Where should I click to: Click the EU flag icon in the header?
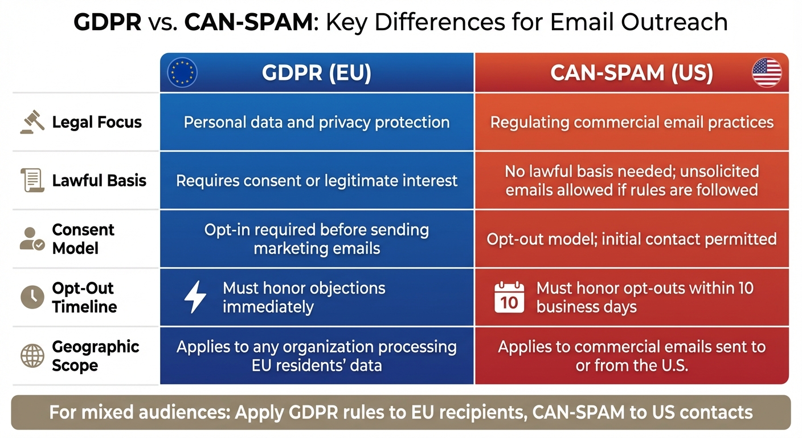pyautogui.click(x=182, y=73)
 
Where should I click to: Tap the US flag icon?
pyautogui.click(x=767, y=73)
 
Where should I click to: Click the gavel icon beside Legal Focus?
pyautogui.click(x=32, y=121)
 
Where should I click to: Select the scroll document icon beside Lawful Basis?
pyautogui.click(x=32, y=180)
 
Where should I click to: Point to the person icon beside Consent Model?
pyautogui.click(x=32, y=239)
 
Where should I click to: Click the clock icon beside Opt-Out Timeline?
pyautogui.click(x=32, y=297)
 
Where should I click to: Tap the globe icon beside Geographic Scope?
pyautogui.click(x=32, y=355)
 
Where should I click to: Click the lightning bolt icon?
pyautogui.click(x=195, y=297)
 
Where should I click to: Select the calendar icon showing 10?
pyautogui.click(x=509, y=297)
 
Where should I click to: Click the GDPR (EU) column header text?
pyautogui.click(x=317, y=74)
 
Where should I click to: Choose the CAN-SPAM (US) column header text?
pyautogui.click(x=631, y=74)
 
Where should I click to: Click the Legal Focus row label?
pyautogui.click(x=97, y=122)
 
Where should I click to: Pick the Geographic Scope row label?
pyautogui.click(x=95, y=356)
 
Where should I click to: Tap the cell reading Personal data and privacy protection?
pyautogui.click(x=317, y=122)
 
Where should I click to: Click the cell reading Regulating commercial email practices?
pyautogui.click(x=632, y=122)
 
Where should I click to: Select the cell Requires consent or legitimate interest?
pyautogui.click(x=317, y=181)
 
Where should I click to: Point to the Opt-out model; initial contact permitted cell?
pyautogui.click(x=632, y=239)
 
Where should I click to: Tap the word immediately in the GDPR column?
pyautogui.click(x=268, y=307)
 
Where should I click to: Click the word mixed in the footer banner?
pyautogui.click(x=112, y=412)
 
